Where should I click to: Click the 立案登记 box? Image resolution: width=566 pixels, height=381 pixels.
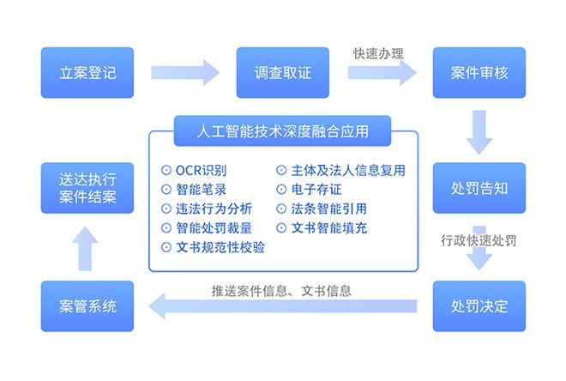tap(87, 73)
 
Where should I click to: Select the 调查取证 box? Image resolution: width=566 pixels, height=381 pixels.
tap(283, 73)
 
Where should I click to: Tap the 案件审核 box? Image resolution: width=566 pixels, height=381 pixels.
tap(479, 73)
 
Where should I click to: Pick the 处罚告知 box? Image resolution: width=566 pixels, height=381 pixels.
tap(479, 188)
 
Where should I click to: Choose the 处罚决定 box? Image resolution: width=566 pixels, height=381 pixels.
tap(479, 306)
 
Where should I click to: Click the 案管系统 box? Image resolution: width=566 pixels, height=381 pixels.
tap(87, 306)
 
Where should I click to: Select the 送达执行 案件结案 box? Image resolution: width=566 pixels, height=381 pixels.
tap(87, 188)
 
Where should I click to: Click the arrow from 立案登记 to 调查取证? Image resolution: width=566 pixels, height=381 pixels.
tap(185, 73)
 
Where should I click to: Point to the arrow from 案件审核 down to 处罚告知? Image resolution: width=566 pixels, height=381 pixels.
tap(479, 132)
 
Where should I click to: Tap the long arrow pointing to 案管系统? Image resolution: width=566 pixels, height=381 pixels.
tap(283, 306)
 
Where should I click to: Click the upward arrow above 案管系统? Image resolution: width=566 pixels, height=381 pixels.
tap(85, 249)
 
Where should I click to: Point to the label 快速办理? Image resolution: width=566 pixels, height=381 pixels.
tap(378, 54)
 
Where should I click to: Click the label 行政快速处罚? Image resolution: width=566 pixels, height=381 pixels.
tap(479, 240)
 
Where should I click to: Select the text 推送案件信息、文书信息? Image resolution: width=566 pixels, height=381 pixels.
tap(281, 291)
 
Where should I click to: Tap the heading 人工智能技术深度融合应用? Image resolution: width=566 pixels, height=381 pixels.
tap(283, 131)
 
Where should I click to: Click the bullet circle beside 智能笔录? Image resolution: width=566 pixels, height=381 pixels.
tap(166, 190)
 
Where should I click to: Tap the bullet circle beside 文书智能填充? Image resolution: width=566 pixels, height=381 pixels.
tap(281, 228)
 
